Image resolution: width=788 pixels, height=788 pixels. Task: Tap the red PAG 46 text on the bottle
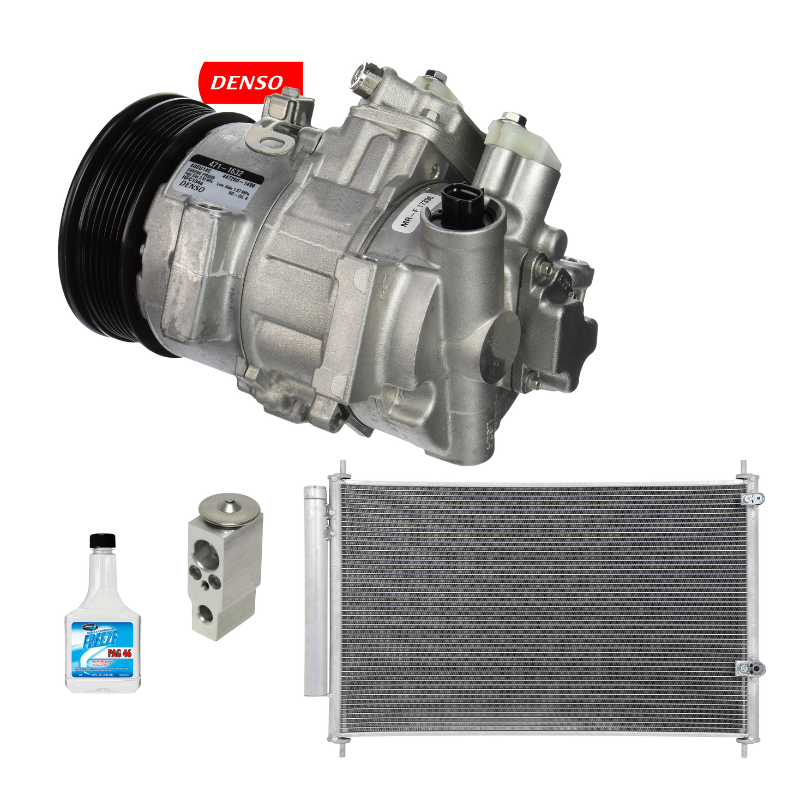[x=119, y=653]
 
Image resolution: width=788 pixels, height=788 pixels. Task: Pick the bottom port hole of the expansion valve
[x=206, y=613]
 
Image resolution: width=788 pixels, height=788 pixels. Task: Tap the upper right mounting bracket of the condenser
[x=755, y=497]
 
